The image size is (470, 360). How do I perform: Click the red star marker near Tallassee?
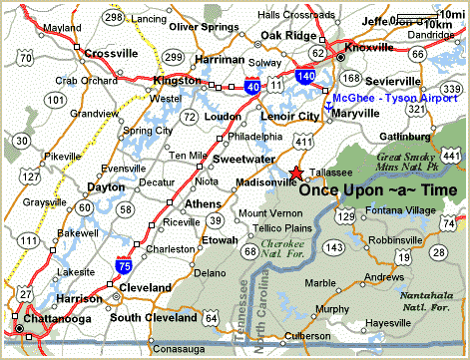click(x=294, y=173)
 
